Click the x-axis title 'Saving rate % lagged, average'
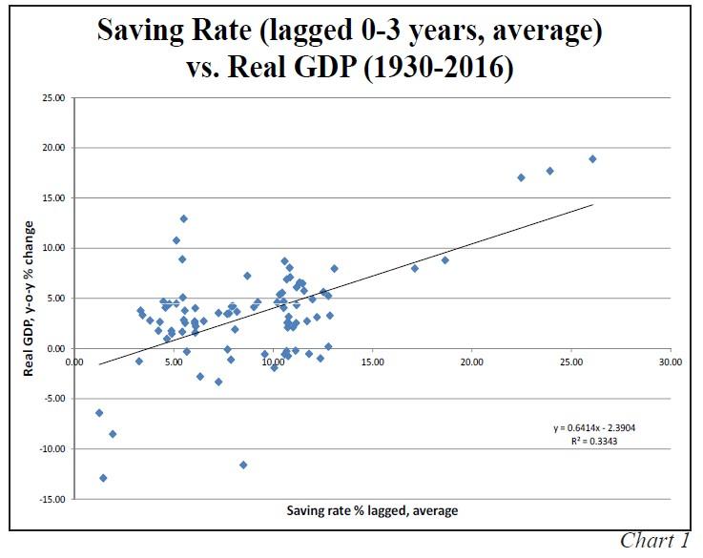pyautogui.click(x=372, y=510)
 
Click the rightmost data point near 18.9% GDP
pyautogui.click(x=592, y=159)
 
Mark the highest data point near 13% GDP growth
pyautogui.click(x=184, y=218)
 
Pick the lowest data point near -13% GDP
pyautogui.click(x=103, y=478)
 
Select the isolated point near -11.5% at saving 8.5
pyautogui.click(x=243, y=465)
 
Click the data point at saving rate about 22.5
pyautogui.click(x=521, y=177)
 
